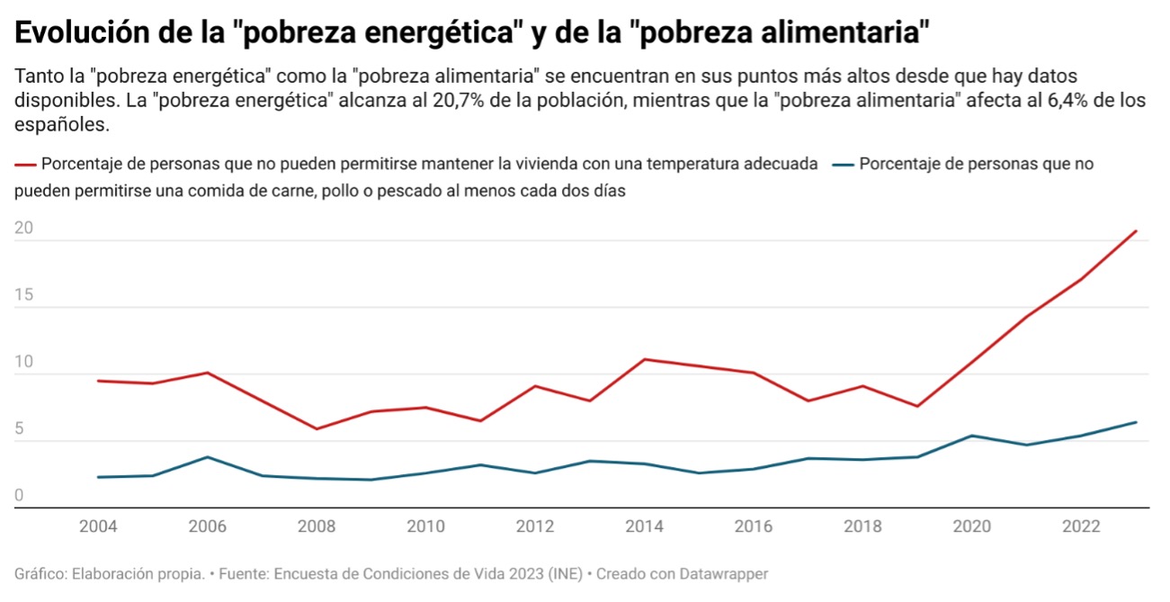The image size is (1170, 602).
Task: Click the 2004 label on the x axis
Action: (x=97, y=526)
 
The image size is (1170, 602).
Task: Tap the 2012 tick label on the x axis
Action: (x=534, y=526)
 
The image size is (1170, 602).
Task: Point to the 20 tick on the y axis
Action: (x=23, y=229)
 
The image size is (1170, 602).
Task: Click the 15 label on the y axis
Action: (x=23, y=295)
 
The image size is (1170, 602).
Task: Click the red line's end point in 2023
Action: (x=1136, y=231)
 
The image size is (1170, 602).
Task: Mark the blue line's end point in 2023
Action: (x=1136, y=422)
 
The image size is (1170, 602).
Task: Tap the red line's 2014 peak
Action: (x=644, y=359)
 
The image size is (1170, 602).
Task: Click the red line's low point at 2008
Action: (x=316, y=428)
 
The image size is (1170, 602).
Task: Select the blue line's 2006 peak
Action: (x=207, y=457)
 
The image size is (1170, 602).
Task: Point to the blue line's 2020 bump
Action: (x=971, y=436)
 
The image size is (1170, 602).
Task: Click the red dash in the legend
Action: (x=25, y=165)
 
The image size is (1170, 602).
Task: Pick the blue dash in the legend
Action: (x=843, y=165)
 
